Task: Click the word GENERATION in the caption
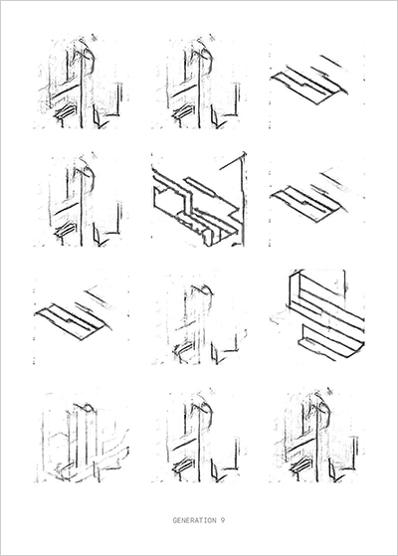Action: point(194,520)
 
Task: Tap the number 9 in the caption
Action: point(222,520)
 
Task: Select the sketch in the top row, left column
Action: point(82,82)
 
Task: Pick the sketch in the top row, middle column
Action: point(199,82)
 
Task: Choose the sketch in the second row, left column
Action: point(82,200)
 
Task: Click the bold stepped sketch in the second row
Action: point(199,200)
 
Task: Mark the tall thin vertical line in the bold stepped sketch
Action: point(243,199)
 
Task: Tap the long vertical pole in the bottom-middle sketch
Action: point(199,444)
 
